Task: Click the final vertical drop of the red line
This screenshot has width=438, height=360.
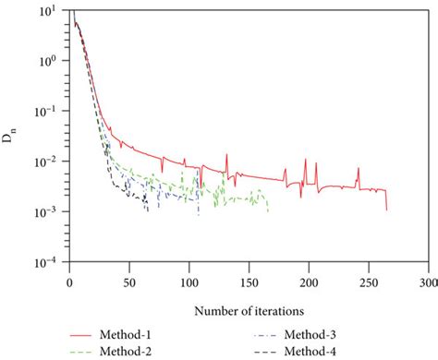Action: [386, 199]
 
